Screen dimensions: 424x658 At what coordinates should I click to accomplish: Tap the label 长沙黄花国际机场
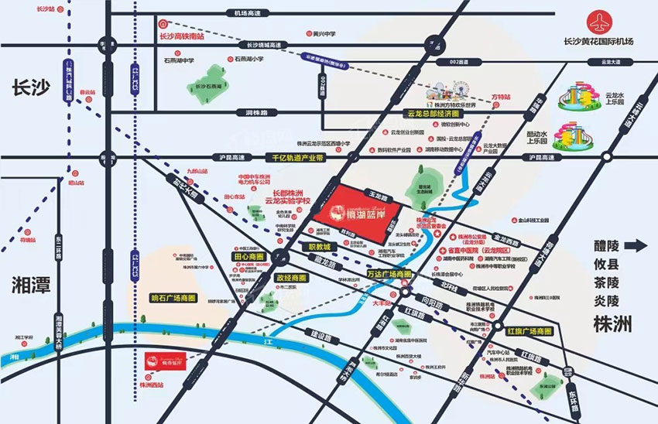click(x=599, y=41)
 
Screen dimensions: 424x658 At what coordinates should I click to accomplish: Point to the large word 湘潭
click(x=32, y=285)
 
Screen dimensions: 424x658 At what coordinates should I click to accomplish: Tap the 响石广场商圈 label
click(x=174, y=298)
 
